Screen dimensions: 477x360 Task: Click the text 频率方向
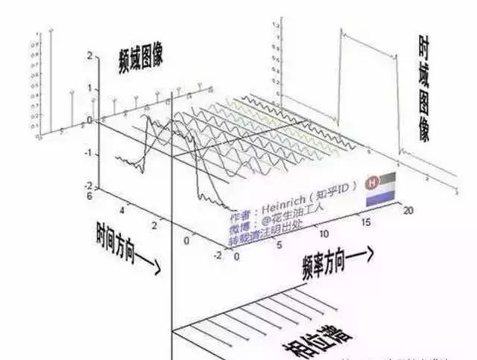333,258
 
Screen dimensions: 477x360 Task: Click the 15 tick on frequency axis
363,223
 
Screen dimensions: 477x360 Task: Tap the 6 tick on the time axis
89,195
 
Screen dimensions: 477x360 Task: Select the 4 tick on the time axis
122,212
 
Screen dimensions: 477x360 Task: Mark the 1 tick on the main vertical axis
89,88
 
